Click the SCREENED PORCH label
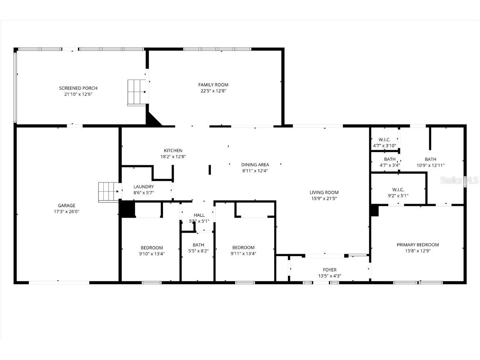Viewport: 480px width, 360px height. click(78, 88)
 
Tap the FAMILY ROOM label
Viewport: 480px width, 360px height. click(213, 85)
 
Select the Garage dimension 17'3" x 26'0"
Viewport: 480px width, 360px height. click(67, 212)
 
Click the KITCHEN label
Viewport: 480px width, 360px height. click(173, 151)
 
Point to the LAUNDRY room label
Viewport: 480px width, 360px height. click(144, 187)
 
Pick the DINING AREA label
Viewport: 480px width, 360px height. click(255, 165)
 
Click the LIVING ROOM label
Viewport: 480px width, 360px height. click(324, 192)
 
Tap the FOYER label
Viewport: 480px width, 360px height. click(330, 270)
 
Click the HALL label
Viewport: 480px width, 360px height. click(199, 215)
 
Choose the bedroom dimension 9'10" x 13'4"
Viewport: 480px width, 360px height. click(151, 253)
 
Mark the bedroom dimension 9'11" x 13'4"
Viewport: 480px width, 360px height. click(243, 253)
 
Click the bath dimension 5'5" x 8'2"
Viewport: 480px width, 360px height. click(198, 251)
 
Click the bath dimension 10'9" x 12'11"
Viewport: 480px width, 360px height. click(430, 165)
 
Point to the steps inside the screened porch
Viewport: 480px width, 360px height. click(137, 92)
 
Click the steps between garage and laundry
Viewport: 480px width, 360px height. click(109, 192)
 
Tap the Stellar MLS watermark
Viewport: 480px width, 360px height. click(460, 180)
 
